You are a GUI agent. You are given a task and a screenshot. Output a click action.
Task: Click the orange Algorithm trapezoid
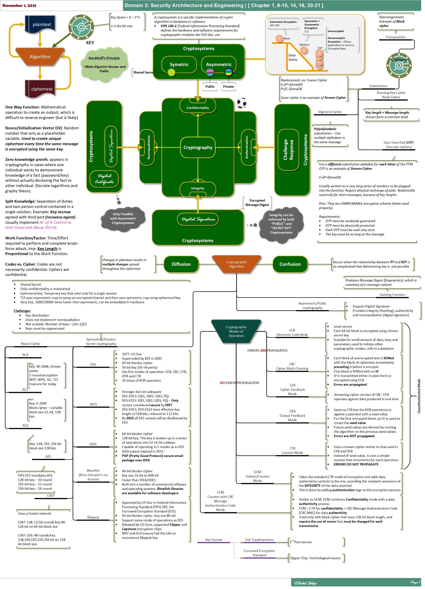[x=40, y=57]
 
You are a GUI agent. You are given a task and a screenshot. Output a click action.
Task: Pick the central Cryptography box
[x=198, y=147]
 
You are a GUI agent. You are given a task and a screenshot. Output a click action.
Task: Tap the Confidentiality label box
[x=198, y=108]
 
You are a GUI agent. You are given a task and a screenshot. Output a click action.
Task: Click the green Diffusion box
[x=181, y=264]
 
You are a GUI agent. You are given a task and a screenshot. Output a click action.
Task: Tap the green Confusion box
[x=290, y=264]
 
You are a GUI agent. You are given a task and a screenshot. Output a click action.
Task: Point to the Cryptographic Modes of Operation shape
[x=236, y=331]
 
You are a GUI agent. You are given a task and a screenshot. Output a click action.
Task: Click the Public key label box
[x=210, y=86]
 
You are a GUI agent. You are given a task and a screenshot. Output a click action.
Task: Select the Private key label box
[x=228, y=86]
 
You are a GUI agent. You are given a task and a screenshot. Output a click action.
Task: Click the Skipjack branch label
[x=93, y=517]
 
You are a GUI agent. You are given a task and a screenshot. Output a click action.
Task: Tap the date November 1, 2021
[x=19, y=5]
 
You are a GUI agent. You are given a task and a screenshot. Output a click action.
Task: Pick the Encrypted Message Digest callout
[x=257, y=203]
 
